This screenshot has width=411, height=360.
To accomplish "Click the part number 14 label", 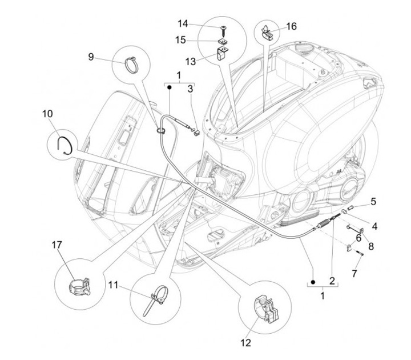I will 183,24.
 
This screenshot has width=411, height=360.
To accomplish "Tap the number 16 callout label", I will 291,26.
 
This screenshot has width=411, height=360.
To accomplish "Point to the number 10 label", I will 47,113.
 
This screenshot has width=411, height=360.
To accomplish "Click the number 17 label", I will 57,245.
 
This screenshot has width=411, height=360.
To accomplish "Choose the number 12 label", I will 246,343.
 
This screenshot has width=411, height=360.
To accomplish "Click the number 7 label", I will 354,274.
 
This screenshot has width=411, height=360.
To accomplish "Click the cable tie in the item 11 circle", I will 159,298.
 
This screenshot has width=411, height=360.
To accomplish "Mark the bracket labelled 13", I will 222,57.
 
